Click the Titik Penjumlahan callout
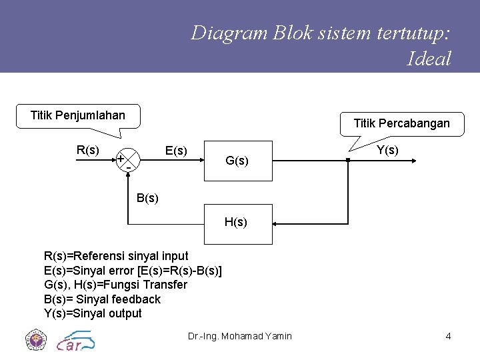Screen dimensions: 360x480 tap(78, 115)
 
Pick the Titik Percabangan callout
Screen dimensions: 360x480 tap(401, 123)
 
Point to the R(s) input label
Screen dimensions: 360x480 tap(88, 149)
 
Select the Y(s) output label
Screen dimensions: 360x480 tap(387, 150)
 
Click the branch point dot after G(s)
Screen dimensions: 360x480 tap(347, 161)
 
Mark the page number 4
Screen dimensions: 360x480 tap(449, 336)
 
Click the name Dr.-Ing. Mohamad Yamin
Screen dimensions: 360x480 tap(239, 336)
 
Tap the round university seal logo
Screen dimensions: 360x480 tap(35, 339)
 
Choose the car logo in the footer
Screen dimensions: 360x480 tap(75, 342)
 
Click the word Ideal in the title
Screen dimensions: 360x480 tap(429, 59)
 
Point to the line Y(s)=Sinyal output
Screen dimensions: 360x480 tap(93, 313)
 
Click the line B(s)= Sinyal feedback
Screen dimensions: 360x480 tap(102, 299)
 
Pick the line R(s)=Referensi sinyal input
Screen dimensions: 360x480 tap(116, 256)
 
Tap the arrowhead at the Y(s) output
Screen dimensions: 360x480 tap(414, 161)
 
